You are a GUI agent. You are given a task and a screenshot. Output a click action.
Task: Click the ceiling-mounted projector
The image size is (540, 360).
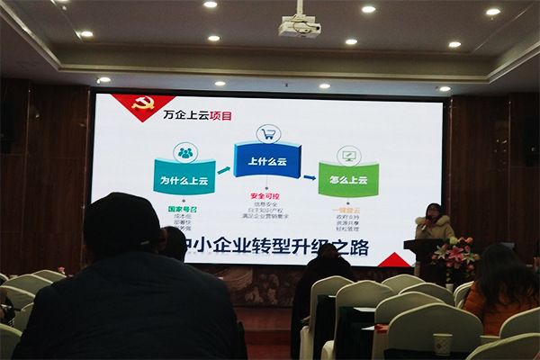299,26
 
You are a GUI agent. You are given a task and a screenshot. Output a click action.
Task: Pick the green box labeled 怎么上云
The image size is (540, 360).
347,179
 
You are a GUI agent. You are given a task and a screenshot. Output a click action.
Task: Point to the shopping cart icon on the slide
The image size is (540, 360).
267,134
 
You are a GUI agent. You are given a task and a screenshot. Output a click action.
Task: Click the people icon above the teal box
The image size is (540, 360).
185,152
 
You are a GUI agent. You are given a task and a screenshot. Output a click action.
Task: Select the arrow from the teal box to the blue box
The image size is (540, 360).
224,170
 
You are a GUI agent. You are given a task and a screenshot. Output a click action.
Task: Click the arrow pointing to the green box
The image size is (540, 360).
308,175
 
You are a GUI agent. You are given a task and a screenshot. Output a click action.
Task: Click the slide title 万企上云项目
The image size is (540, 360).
196,116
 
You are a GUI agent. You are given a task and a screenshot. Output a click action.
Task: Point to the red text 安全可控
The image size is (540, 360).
266,195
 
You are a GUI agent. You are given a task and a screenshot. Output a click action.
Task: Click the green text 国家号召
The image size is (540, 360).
184,208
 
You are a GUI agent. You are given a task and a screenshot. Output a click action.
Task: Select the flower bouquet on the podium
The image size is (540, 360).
454,253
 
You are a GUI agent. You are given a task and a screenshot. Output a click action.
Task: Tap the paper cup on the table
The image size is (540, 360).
442,344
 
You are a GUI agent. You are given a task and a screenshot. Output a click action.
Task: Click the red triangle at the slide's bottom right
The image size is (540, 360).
394,260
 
